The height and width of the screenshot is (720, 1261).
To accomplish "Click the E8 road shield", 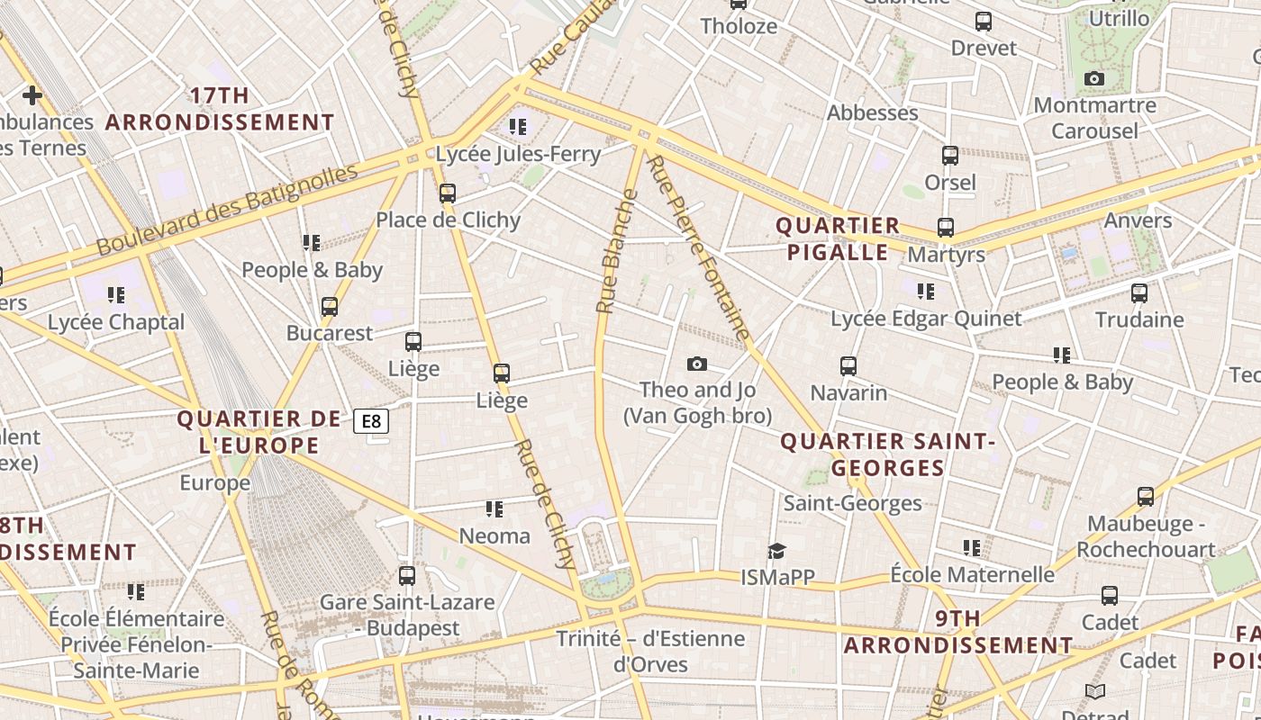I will click(x=371, y=421).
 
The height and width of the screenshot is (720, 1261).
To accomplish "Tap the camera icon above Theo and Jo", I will click(x=696, y=364).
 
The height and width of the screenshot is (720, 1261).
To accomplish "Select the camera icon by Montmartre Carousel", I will click(x=1094, y=79).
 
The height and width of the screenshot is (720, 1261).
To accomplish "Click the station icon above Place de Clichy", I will click(x=448, y=193).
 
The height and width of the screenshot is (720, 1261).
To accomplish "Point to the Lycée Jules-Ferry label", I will click(x=518, y=154).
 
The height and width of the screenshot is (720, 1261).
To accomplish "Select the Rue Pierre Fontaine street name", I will click(x=699, y=247).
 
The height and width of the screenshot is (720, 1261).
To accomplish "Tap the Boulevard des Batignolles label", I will click(x=227, y=209).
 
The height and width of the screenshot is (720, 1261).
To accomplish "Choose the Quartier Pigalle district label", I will click(x=838, y=238).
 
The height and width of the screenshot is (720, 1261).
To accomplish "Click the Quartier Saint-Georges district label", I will click(x=887, y=454).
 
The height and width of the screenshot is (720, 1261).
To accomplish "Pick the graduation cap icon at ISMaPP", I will click(x=776, y=551).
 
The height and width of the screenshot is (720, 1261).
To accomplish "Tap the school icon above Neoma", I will click(x=494, y=509).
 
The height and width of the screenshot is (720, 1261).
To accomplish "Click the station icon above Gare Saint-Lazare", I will click(x=407, y=575).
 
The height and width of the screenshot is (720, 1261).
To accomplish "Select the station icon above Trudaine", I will click(x=1139, y=292).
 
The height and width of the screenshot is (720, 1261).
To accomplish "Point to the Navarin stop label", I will click(x=848, y=393).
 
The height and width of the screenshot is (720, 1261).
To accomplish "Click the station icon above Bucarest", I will click(x=330, y=306).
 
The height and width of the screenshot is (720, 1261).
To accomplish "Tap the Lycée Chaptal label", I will click(x=116, y=322).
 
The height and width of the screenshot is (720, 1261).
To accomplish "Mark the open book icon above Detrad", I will click(x=1095, y=691).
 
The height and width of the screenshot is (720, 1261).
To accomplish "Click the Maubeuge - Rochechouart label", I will click(x=1146, y=536).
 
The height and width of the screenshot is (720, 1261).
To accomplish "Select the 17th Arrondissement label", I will click(x=220, y=109).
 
